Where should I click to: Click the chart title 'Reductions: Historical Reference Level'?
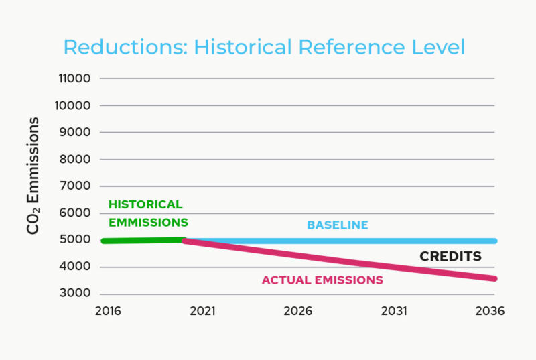264,48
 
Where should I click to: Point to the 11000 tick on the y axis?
75,78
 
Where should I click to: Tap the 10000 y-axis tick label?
75,105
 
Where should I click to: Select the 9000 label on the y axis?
76,132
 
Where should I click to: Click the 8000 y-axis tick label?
76,160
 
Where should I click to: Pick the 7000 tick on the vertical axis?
76,186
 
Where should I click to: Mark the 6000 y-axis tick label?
76,213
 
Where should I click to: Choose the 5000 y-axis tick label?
76,240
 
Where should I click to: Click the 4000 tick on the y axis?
76,267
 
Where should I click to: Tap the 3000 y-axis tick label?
76,294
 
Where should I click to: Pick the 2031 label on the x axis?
395,312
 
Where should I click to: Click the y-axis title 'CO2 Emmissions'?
34,176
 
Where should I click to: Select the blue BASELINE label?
338,225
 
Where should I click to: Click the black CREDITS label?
450,257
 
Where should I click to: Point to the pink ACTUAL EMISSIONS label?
322,280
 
